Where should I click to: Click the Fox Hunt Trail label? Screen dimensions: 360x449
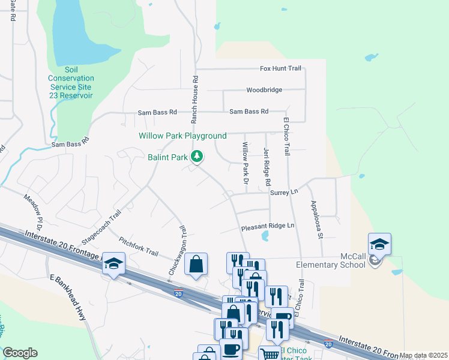click(x=280, y=68)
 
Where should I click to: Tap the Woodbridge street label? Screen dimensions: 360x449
click(x=264, y=91)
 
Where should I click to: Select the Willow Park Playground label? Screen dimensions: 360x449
click(x=182, y=136)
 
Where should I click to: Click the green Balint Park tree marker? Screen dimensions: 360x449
click(x=196, y=157)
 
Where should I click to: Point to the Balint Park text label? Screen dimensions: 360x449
click(x=167, y=158)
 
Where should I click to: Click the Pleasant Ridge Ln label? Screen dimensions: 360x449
click(x=268, y=226)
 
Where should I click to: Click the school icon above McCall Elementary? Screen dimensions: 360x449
click(x=380, y=244)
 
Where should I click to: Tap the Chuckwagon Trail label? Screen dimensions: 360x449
click(x=176, y=250)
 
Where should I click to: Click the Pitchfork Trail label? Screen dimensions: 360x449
click(x=139, y=246)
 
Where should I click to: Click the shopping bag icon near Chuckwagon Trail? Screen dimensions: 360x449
click(x=196, y=263)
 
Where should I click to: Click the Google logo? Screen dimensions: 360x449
click(x=20, y=353)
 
